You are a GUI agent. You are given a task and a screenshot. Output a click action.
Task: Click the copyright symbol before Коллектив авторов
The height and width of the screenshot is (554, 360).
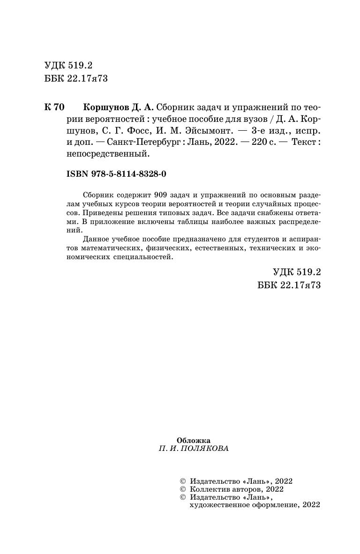[183, 489]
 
